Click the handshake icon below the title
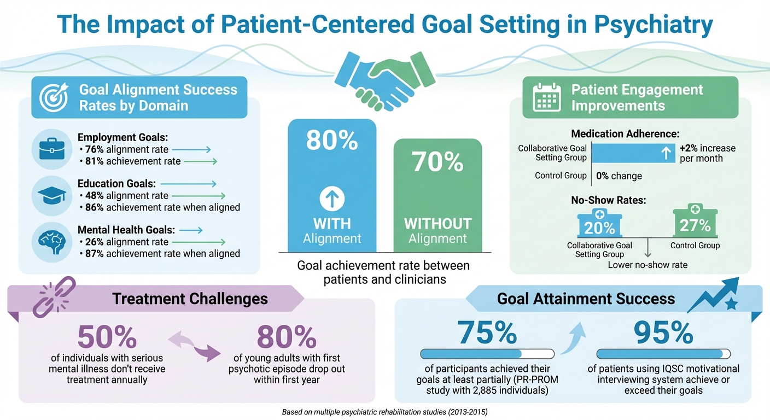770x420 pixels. (384, 80)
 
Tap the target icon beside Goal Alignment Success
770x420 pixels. (55, 97)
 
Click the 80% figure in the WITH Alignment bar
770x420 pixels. (332, 140)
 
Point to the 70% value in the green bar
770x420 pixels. (437, 162)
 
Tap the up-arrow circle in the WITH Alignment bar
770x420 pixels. (332, 200)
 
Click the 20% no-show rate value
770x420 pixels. (599, 226)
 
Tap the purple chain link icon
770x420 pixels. (55, 296)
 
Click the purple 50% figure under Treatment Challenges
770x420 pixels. (107, 337)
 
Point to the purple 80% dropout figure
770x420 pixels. (286, 337)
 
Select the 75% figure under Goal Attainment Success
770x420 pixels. (487, 332)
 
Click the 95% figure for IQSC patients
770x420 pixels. (663, 332)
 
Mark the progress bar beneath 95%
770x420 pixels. (663, 354)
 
